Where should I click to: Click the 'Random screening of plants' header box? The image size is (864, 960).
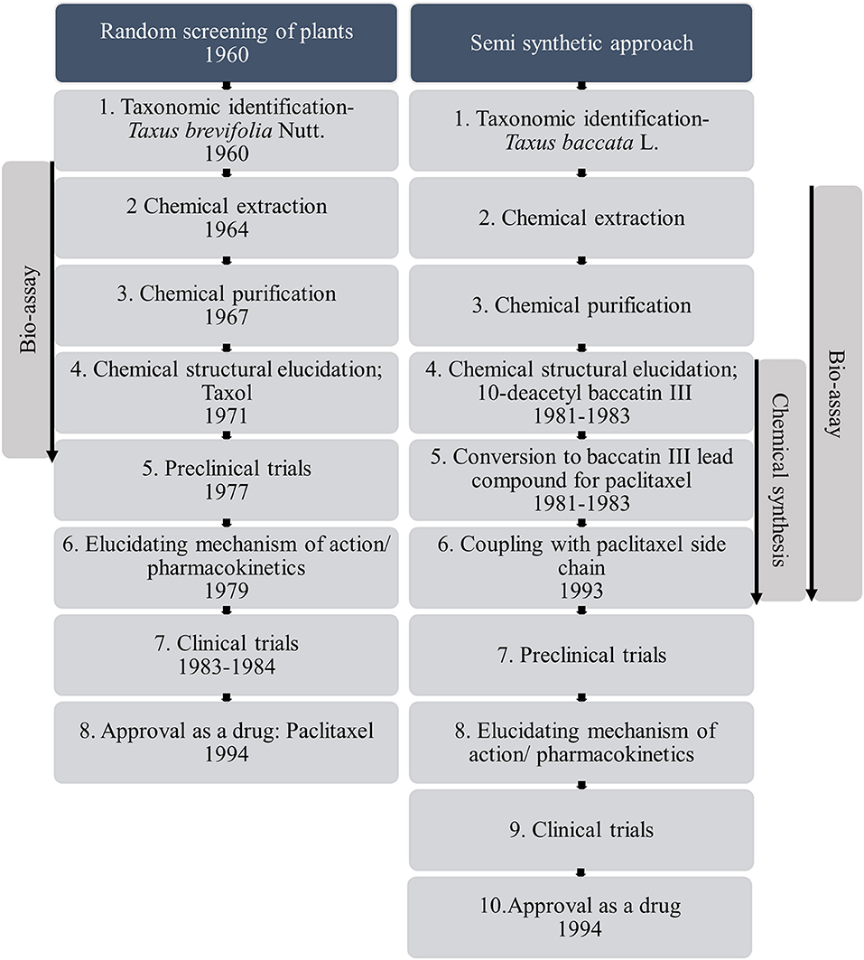[x=226, y=43]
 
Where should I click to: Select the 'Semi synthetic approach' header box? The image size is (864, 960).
[x=581, y=43]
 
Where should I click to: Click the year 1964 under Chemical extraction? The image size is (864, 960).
[x=226, y=229]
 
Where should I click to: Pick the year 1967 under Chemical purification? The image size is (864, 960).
[x=226, y=317]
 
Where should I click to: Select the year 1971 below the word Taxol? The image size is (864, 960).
[x=226, y=415]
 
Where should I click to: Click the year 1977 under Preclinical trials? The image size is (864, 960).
[x=226, y=492]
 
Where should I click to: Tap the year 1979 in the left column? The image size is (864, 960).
[x=226, y=591]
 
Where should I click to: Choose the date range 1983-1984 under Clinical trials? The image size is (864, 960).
[x=226, y=667]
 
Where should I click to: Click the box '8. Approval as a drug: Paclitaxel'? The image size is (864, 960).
[x=226, y=741]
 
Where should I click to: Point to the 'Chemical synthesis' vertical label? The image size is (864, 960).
[x=782, y=480]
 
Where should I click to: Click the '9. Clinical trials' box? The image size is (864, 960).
[x=581, y=829]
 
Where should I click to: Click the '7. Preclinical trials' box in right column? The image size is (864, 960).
[x=581, y=655]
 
